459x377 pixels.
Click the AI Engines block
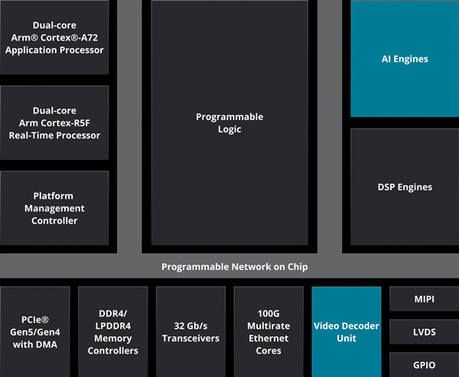click(405, 59)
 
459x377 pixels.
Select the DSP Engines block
click(405, 187)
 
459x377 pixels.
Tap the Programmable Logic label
click(229, 123)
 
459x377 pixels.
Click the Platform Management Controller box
click(54, 208)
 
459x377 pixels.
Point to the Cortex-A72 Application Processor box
click(54, 37)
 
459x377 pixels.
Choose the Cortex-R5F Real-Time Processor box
click(54, 123)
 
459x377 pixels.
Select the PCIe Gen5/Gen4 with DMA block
click(35, 332)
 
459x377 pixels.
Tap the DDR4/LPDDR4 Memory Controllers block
click(113, 332)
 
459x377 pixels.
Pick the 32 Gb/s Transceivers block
click(190, 332)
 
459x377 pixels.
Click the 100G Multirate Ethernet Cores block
click(269, 332)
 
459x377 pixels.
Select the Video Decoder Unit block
click(346, 332)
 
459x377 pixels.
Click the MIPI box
click(423, 299)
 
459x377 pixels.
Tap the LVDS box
click(423, 332)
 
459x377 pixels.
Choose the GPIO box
click(423, 364)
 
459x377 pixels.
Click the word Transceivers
click(190, 338)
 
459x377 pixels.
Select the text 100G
click(269, 314)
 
